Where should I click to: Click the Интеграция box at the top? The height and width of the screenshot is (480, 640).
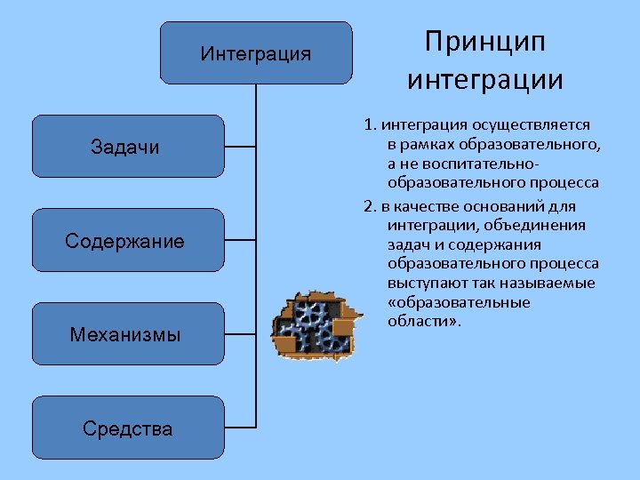pos(256,53)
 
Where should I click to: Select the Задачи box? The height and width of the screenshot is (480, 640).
pos(125,147)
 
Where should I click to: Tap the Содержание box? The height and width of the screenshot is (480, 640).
pos(125,240)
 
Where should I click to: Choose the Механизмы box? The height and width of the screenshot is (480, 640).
pos(125,334)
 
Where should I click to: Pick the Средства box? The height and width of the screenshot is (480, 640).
pos(127,428)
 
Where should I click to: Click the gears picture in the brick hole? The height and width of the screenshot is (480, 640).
pos(317,324)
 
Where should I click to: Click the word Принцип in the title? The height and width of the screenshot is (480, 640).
pos(484,42)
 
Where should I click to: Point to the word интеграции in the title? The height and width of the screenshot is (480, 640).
pos(485,80)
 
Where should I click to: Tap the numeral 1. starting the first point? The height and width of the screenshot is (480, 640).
pos(370,125)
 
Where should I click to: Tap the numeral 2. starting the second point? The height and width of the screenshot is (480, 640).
pos(370,205)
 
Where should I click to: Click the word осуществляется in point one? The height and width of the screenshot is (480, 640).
pos(540,125)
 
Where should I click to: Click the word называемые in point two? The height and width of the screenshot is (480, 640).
pos(550,283)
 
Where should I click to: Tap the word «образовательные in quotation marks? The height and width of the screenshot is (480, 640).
pos(459,302)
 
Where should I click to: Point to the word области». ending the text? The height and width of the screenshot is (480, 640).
pos(425,321)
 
